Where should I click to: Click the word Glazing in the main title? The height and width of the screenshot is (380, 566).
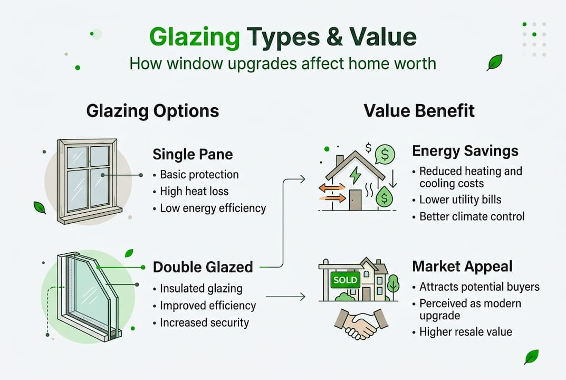coord(194,37)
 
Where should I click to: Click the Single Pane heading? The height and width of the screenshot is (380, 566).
coord(193,155)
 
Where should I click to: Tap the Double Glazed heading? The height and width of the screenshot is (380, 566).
coord(203,267)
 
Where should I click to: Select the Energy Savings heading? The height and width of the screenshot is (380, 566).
coord(465,151)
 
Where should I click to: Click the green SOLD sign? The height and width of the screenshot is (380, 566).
coord(345,280)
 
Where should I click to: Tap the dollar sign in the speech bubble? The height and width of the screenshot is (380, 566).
coord(386,155)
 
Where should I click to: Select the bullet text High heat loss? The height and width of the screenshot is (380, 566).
coord(194,191)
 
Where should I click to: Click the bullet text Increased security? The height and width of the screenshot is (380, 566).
coord(204,322)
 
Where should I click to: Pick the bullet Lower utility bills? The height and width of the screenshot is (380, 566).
coord(460,199)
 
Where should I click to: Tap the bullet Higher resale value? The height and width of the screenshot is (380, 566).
coord(465,332)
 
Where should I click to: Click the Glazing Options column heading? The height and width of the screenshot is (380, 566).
coord(152,111)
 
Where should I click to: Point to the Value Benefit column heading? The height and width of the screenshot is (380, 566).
coord(419,111)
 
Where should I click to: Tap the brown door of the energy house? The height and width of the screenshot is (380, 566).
coord(354,198)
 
